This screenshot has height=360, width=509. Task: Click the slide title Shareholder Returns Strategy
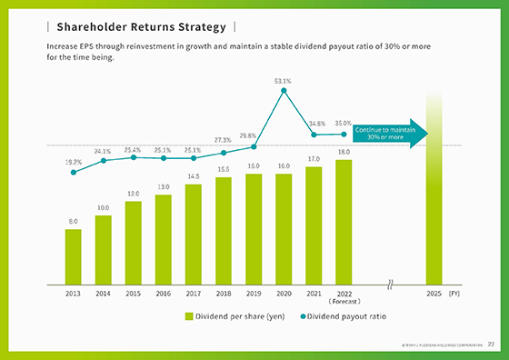141,26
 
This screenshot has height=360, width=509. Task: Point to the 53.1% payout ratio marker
284,91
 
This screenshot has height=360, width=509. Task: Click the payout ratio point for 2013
73,172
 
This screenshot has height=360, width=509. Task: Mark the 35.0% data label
344,123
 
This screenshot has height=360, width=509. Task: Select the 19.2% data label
73,161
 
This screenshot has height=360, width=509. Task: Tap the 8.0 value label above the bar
73,221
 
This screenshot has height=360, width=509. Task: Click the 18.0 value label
344,152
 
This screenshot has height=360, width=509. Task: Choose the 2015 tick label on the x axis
133,294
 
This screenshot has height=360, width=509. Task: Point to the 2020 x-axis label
284,294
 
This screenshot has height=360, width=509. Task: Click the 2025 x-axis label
434,294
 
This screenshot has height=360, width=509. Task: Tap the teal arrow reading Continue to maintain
385,134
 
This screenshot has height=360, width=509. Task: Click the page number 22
492,345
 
